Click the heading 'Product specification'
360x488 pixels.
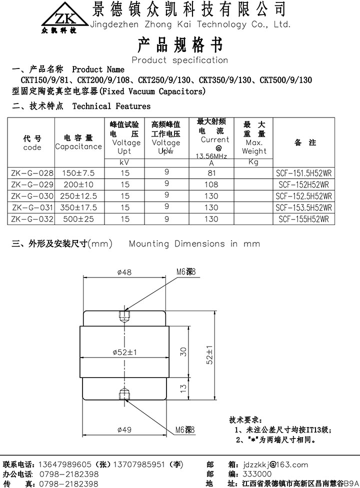(x=179, y=60)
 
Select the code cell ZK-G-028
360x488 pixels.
(x=32, y=173)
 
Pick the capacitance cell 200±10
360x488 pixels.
(x=78, y=184)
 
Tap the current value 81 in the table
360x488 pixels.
(x=211, y=173)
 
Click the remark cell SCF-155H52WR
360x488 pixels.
(x=303, y=219)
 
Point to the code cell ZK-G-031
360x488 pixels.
(x=32, y=207)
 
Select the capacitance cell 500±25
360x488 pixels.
(x=78, y=219)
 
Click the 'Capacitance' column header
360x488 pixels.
(x=78, y=146)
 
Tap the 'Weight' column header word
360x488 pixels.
(x=254, y=151)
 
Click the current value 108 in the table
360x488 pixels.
(x=211, y=184)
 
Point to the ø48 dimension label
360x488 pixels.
(x=124, y=272)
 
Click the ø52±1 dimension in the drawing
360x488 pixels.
(x=125, y=352)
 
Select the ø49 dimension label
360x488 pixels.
(x=124, y=429)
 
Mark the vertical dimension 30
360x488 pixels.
(x=183, y=351)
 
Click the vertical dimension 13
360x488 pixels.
(x=183, y=387)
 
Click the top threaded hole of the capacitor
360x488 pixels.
(x=124, y=316)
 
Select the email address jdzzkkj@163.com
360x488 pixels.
(x=276, y=464)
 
